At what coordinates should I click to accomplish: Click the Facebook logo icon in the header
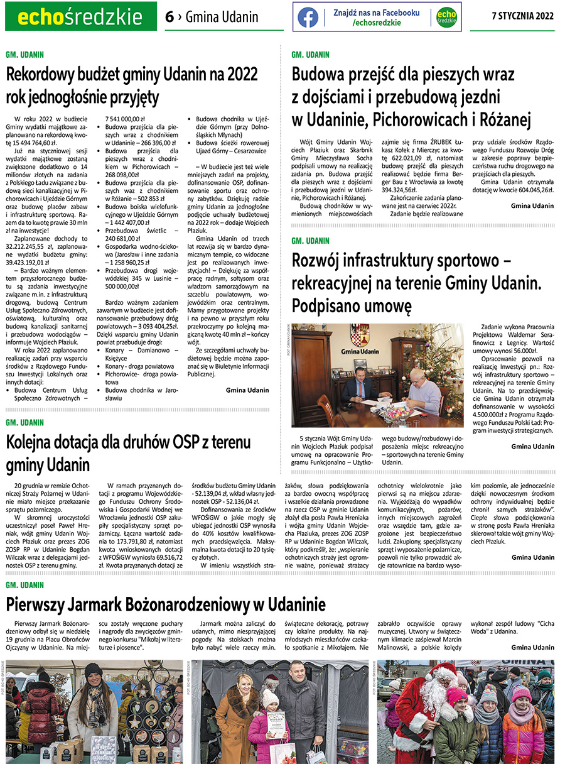pos(308,17)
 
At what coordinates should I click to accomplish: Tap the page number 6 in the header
pos(169,17)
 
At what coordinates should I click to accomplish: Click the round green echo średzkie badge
pos(446,17)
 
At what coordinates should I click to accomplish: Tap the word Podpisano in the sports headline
pos(329,306)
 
